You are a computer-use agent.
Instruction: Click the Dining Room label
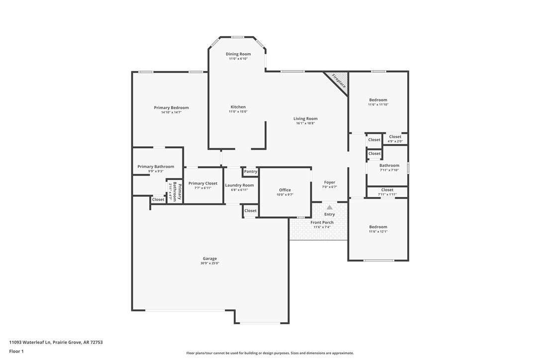pyautogui.click(x=238, y=54)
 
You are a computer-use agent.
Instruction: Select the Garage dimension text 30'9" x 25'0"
pyautogui.click(x=209, y=263)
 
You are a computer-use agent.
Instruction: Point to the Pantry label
pyautogui.click(x=251, y=172)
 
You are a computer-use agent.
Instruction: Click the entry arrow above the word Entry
pyautogui.click(x=329, y=207)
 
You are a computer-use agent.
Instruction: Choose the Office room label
pyautogui.click(x=285, y=190)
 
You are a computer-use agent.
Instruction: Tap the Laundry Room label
pyautogui.click(x=239, y=185)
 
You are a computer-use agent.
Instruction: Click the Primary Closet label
pyautogui.click(x=203, y=183)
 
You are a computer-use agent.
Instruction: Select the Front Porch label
pyautogui.click(x=322, y=222)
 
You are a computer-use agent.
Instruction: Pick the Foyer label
pyautogui.click(x=329, y=182)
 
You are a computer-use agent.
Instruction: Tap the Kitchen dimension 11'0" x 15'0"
pyautogui.click(x=238, y=111)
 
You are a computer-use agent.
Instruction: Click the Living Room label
pyautogui.click(x=305, y=118)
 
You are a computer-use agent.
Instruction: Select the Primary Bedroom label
pyautogui.click(x=171, y=108)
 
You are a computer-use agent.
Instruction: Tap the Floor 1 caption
pyautogui.click(x=16, y=351)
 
